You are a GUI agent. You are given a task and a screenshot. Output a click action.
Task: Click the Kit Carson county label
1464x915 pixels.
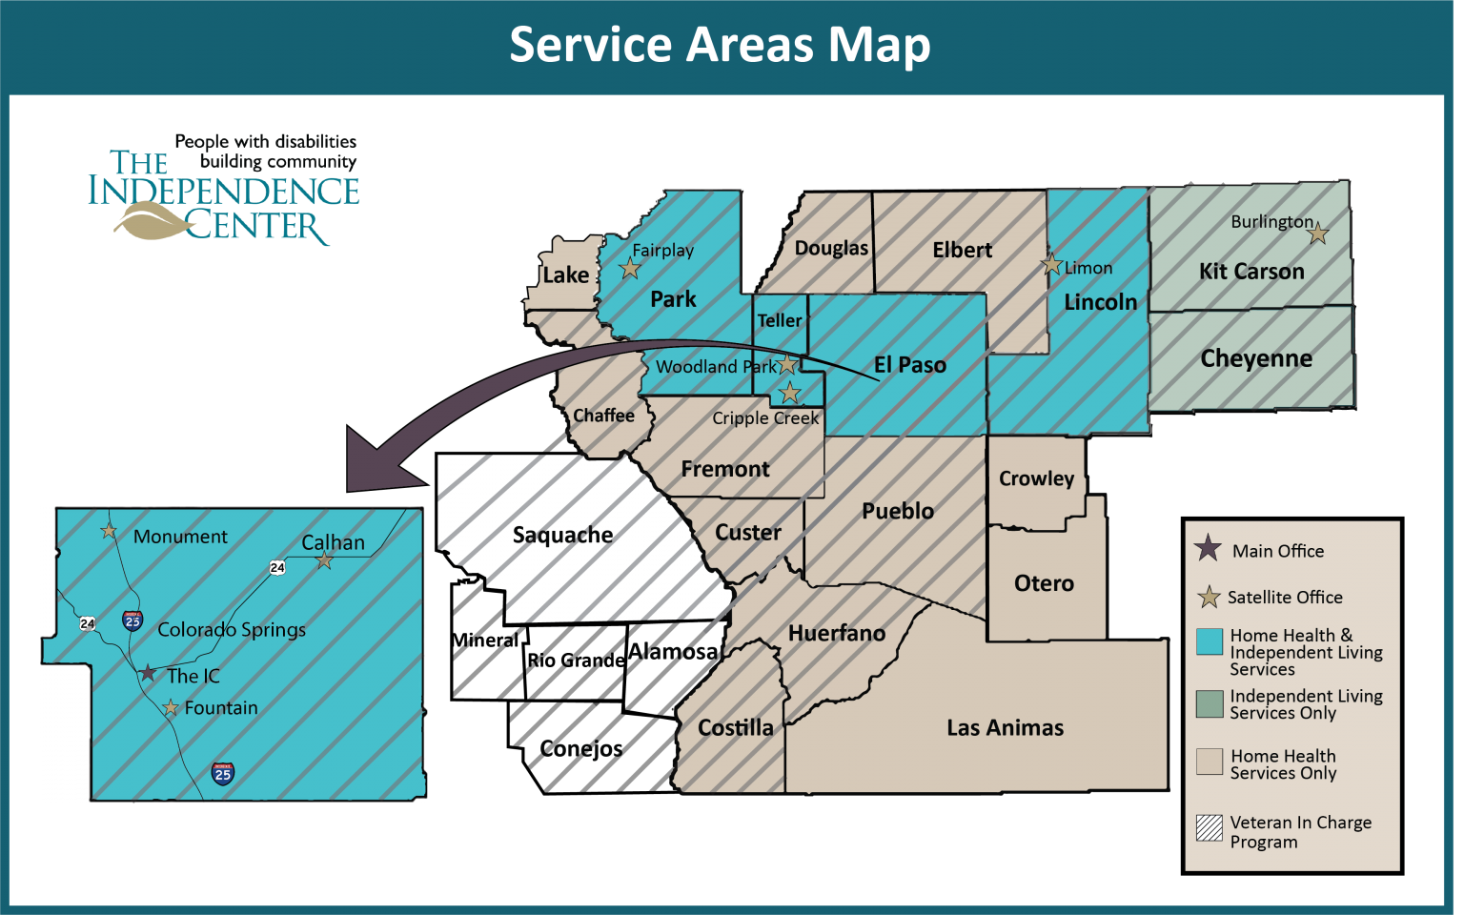pos(1251,272)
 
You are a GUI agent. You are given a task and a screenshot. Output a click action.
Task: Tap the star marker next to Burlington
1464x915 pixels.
pos(1318,233)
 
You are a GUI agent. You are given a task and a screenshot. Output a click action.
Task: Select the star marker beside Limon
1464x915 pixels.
pos(1051,265)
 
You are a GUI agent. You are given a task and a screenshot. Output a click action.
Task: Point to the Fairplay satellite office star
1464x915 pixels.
pos(630,269)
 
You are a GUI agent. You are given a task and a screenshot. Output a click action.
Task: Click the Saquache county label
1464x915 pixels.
pos(562,535)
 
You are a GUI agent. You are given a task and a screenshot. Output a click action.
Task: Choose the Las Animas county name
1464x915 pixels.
pos(1005,728)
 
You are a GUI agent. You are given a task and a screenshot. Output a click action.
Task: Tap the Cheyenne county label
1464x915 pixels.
pos(1256,359)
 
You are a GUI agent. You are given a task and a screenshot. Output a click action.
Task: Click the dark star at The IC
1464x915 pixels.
pos(148,673)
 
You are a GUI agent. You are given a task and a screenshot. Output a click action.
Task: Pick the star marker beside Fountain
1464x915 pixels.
pos(171,707)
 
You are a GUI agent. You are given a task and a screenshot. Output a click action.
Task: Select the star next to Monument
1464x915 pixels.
pos(109,531)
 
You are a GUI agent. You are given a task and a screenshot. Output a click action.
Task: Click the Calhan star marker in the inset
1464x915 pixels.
pos(325,560)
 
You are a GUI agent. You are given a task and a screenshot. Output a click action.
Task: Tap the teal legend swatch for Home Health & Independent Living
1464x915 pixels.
pos(1210,641)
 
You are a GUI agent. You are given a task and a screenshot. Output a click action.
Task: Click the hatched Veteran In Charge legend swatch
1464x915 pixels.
pos(1210,828)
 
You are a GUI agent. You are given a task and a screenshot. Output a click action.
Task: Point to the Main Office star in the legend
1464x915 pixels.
pos(1208,548)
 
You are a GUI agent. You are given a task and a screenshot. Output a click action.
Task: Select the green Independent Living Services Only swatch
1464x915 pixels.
pos(1210,703)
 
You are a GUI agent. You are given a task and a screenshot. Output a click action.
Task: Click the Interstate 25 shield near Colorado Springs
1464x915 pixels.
pos(132,620)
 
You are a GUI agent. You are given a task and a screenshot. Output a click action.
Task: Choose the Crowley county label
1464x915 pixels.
pos(1036,478)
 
